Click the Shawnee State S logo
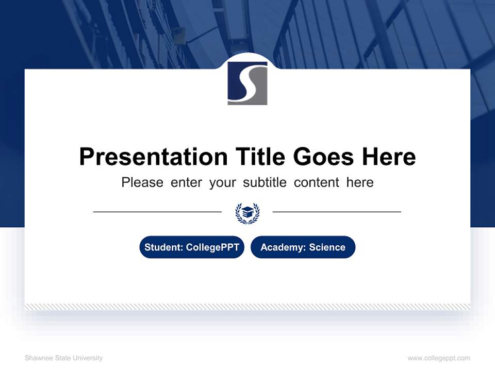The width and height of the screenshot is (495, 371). [247, 83]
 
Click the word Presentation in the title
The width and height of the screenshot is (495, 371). [153, 157]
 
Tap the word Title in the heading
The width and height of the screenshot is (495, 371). [261, 157]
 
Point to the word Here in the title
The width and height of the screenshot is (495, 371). [388, 157]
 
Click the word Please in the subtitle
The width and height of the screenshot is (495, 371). [142, 182]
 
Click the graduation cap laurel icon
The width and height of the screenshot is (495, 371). [247, 213]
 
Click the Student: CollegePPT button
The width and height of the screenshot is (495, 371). [192, 247]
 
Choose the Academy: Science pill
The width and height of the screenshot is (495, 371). [303, 247]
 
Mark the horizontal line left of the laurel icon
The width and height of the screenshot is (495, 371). [157, 211]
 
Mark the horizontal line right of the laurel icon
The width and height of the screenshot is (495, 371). [337, 211]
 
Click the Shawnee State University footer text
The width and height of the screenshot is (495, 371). [63, 358]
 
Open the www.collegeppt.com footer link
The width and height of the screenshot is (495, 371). [439, 358]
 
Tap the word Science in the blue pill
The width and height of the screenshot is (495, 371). [327, 247]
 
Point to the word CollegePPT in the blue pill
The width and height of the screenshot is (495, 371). [212, 247]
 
